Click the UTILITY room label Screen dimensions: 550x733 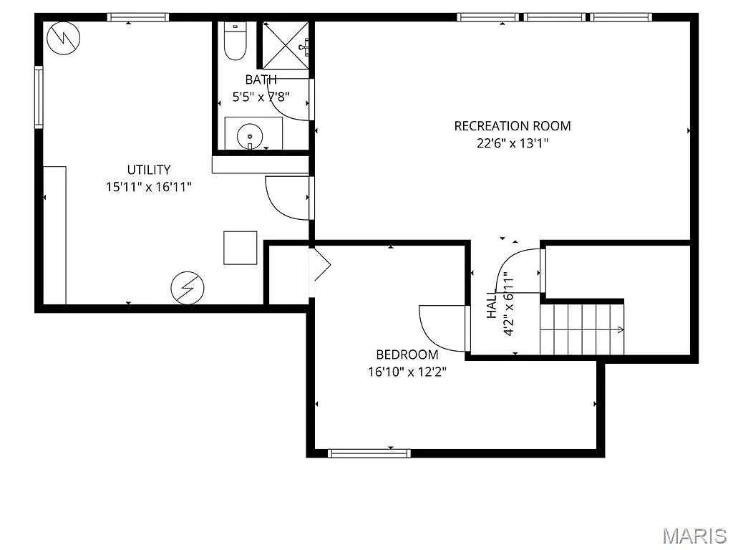[149, 170]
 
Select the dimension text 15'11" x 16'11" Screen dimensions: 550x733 [149, 187]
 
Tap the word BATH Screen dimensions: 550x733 [261, 79]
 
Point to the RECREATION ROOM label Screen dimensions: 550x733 [513, 126]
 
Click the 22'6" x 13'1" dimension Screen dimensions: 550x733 [513, 143]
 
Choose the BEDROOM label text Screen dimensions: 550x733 [407, 354]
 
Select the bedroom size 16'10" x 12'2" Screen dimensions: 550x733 [407, 371]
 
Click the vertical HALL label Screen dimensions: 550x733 [492, 305]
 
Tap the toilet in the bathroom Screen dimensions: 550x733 [235, 42]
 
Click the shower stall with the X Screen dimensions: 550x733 [285, 44]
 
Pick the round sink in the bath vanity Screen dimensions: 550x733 [250, 134]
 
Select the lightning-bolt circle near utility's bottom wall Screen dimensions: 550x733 [187, 287]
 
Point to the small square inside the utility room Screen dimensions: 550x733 [240, 248]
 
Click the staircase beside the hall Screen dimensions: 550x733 [581, 329]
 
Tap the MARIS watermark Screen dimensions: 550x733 [694, 535]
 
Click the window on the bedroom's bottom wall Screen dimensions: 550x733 [369, 453]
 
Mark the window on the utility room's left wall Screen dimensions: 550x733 [39, 97]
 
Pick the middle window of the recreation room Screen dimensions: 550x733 [554, 17]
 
